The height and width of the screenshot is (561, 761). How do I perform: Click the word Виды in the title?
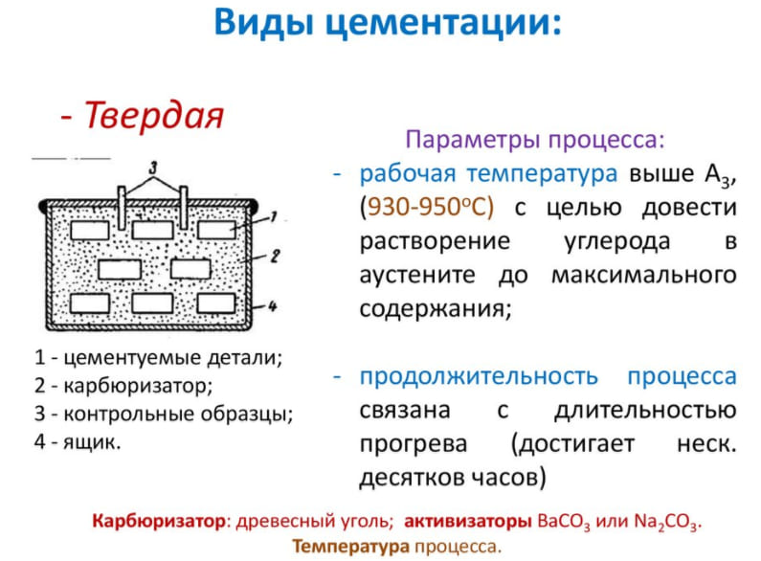[x=257, y=22]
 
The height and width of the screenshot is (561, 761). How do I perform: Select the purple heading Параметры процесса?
[x=534, y=140]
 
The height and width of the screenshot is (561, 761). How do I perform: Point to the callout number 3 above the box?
[x=149, y=164]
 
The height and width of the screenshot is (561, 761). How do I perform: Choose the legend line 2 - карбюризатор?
[x=123, y=386]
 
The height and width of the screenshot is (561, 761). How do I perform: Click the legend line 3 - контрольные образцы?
[x=164, y=415]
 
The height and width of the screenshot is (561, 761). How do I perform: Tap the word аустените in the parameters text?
[x=423, y=276]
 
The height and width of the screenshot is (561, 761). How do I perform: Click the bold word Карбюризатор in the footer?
[x=161, y=523]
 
